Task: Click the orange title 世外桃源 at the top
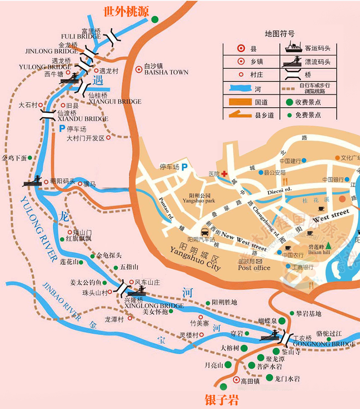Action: tap(126, 12)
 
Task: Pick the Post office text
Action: tap(254, 268)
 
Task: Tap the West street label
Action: tap(331, 215)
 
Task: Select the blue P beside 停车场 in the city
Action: tap(185, 167)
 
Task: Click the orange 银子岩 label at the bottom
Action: tap(221, 400)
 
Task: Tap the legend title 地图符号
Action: tap(280, 34)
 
